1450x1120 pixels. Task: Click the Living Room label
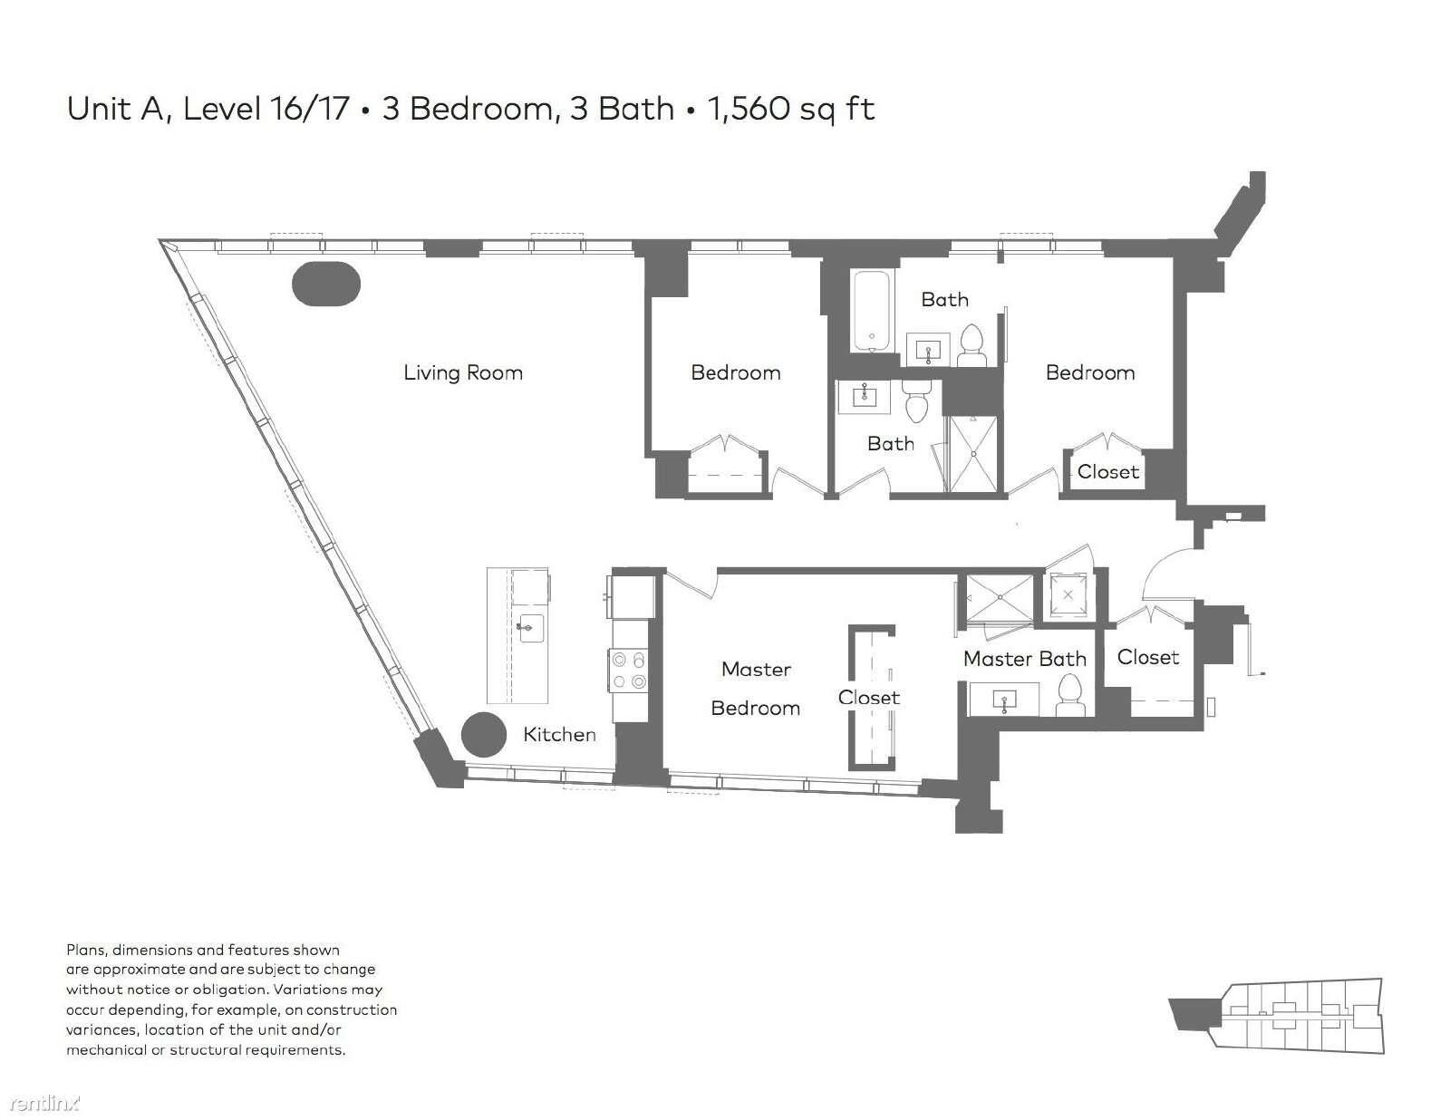point(463,372)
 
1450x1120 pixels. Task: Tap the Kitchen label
point(559,735)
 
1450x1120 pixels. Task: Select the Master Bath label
point(1025,659)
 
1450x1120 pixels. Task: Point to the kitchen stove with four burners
point(628,671)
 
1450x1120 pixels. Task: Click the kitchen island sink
point(530,628)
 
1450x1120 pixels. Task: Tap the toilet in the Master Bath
point(1071,695)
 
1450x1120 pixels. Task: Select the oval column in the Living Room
point(326,285)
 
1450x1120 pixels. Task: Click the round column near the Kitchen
point(484,735)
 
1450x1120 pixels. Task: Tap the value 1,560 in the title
point(748,110)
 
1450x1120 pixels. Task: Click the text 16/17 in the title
point(310,109)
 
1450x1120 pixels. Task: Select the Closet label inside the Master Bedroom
point(869,698)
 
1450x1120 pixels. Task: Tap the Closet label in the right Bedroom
point(1107,471)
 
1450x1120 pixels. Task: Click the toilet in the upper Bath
point(972,345)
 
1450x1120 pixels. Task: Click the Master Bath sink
point(1005,700)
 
